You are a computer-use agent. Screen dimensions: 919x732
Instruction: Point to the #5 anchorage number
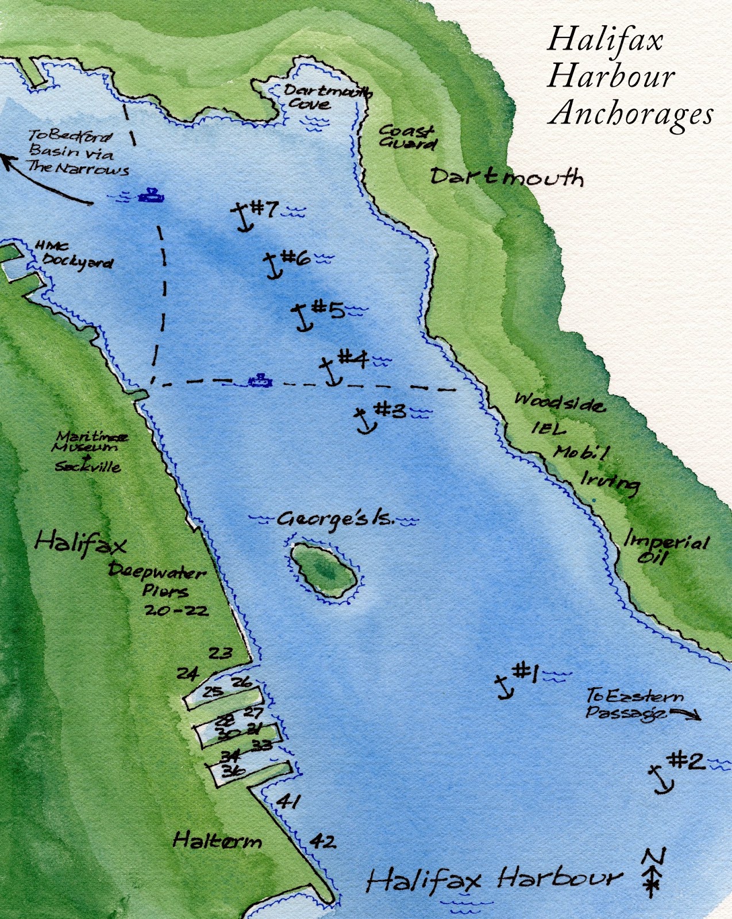(328, 310)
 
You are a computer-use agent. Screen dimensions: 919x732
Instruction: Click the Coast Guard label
(407, 137)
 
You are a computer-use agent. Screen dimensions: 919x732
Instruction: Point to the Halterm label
(217, 841)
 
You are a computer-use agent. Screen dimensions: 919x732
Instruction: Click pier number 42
(322, 841)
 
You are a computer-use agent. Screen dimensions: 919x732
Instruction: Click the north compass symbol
(653, 873)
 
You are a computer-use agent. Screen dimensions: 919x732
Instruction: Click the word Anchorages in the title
(630, 113)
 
